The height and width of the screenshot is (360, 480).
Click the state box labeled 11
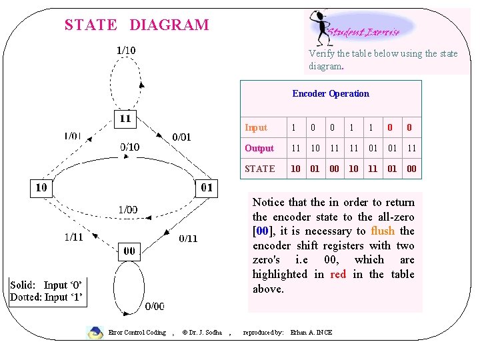(x=125, y=119)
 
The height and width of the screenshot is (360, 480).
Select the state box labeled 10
(x=41, y=187)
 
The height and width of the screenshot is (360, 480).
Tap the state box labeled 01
(x=207, y=187)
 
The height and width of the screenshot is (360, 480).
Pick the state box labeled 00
(x=129, y=251)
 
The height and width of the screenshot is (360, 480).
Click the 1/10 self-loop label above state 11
(x=126, y=50)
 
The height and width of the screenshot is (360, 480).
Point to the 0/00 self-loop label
(x=155, y=306)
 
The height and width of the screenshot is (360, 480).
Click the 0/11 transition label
(x=188, y=238)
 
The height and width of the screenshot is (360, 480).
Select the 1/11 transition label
(x=74, y=236)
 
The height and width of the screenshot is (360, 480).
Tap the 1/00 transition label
(x=128, y=209)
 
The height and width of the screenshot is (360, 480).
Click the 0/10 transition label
(x=130, y=147)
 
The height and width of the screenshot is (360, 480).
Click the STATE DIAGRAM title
(x=137, y=25)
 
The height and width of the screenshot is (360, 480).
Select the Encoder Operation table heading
(x=331, y=93)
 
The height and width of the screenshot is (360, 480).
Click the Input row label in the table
(x=256, y=127)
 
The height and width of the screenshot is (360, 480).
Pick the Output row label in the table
(x=259, y=148)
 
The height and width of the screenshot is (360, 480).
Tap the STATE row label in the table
(x=260, y=169)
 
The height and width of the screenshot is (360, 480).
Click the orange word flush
(x=383, y=231)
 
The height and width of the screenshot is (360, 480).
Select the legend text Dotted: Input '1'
(x=47, y=297)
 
